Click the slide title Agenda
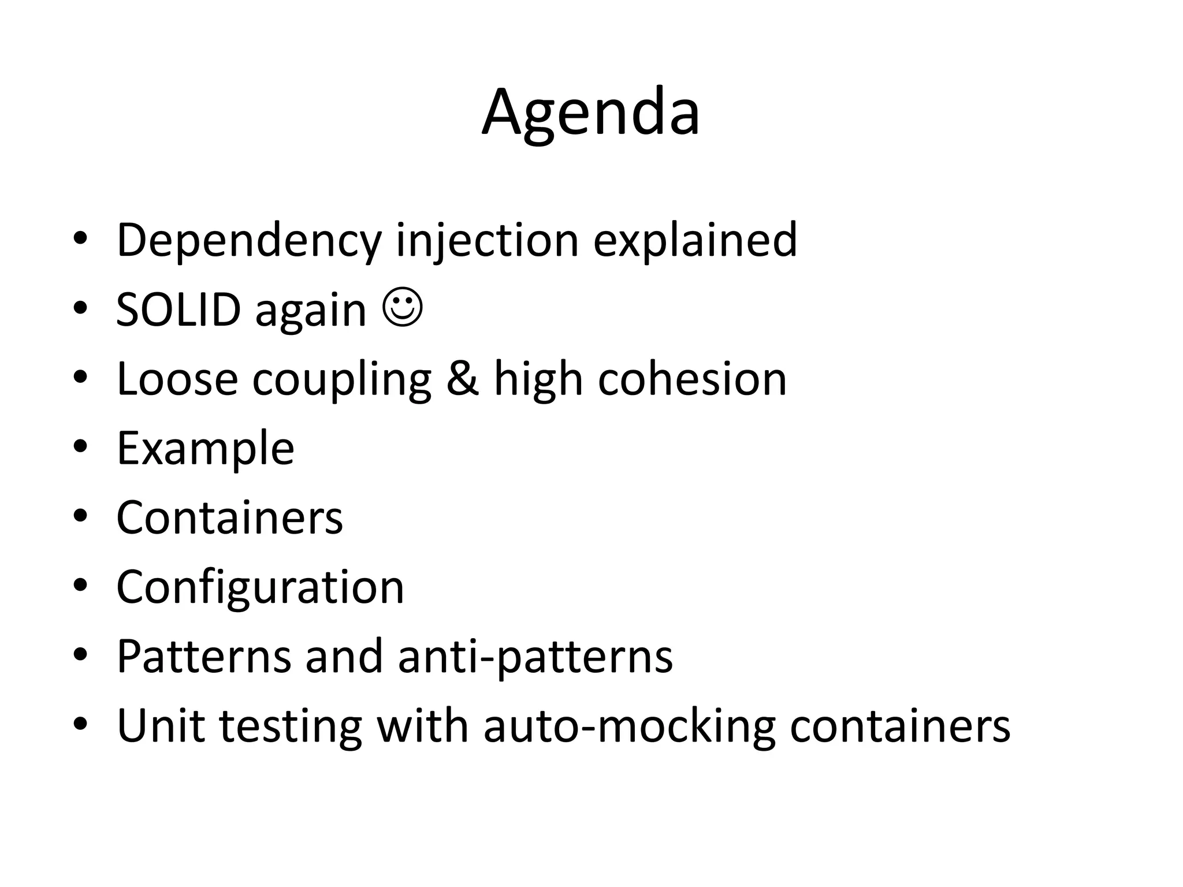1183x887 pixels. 591,113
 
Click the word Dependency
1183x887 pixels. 249,240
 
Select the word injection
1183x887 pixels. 487,240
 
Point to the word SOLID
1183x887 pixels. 178,310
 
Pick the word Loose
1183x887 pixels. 177,379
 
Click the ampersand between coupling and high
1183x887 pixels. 463,379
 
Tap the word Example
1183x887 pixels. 206,448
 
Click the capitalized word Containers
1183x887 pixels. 229,517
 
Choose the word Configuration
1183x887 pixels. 261,587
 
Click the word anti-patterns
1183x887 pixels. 535,657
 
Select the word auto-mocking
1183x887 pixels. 629,726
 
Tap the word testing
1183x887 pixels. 291,726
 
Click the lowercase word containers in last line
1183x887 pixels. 899,726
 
